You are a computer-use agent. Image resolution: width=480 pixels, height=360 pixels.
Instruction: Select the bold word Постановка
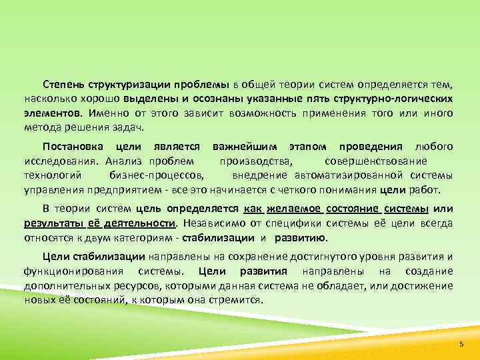71,147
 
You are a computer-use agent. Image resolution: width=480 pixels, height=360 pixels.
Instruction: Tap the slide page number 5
461,343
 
